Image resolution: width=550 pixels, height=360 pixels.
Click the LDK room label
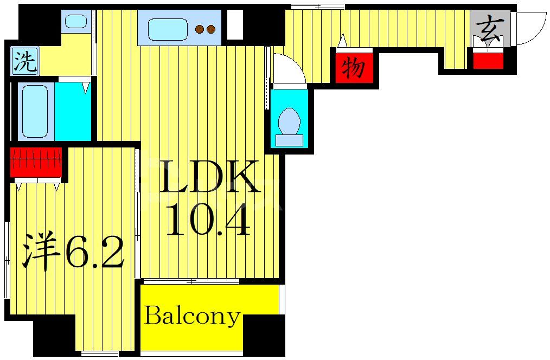[x=209, y=176]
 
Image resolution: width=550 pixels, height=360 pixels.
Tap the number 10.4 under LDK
[x=209, y=220]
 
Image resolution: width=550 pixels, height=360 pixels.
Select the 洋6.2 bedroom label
[x=74, y=251]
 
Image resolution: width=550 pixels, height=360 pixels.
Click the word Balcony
[x=193, y=317]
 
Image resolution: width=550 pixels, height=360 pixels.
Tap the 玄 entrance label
[x=490, y=27]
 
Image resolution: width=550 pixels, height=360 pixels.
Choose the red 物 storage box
[x=354, y=68]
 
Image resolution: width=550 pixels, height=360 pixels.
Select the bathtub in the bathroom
[x=35, y=111]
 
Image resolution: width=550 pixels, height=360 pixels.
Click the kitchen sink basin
[x=167, y=29]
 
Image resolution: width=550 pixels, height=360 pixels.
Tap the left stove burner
[x=200, y=29]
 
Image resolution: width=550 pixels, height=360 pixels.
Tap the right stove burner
[x=211, y=29]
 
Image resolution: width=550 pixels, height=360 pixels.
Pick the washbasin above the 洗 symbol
[x=76, y=21]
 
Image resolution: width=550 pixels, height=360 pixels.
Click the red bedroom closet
[x=36, y=162]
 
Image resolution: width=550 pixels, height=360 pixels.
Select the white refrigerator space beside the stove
[x=235, y=24]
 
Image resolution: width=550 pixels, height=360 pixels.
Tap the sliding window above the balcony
[x=191, y=281]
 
